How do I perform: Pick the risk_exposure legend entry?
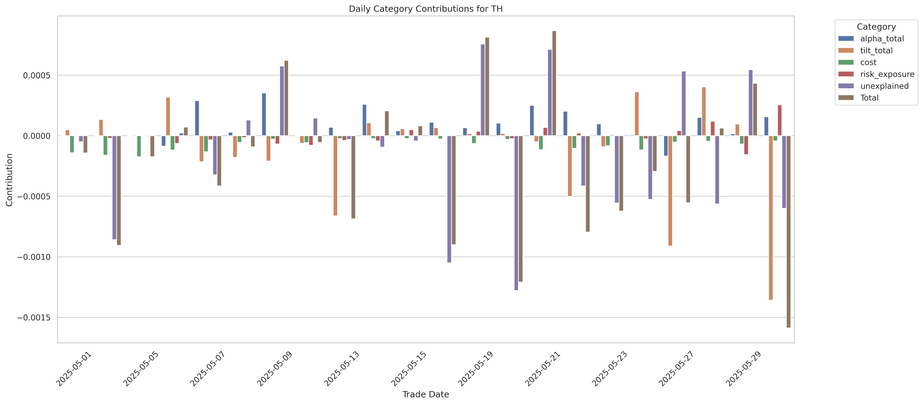click(887, 74)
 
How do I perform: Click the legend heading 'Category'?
click(876, 27)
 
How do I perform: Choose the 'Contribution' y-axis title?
click(9, 180)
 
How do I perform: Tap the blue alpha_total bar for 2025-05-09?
click(264, 115)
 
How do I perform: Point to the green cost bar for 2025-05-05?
click(139, 146)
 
